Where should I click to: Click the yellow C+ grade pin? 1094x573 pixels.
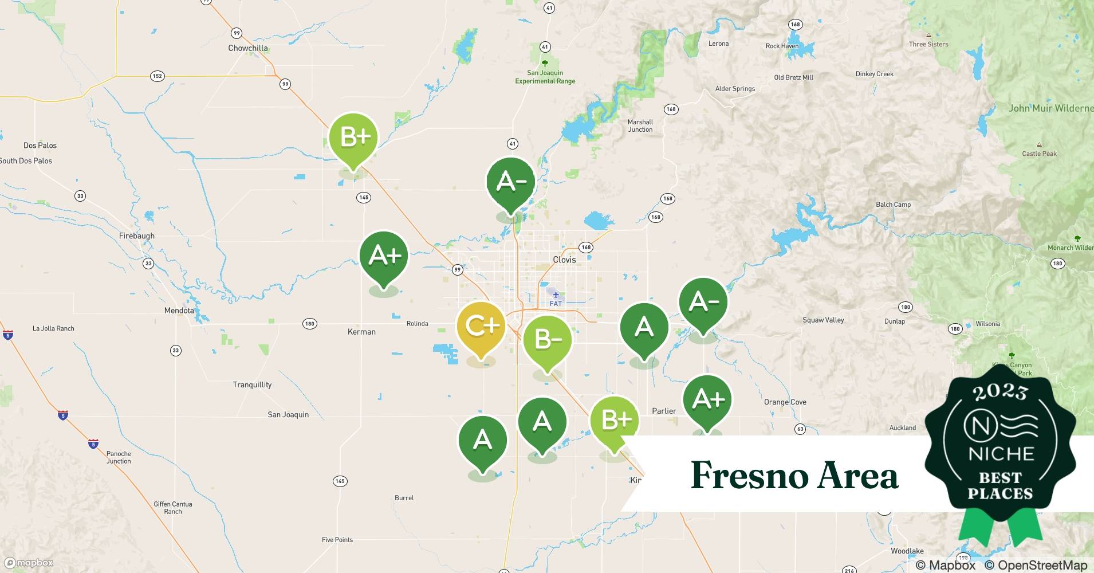[x=481, y=327]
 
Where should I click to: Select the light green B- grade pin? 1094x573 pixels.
[x=547, y=340]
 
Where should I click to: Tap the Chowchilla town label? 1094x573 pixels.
[x=247, y=48]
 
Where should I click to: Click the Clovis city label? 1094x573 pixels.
[x=564, y=260]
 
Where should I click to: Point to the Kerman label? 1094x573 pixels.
[x=361, y=332]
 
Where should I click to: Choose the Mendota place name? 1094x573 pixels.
[x=179, y=311]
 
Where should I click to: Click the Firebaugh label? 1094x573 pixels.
[x=136, y=236]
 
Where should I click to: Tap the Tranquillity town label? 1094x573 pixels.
[x=252, y=384]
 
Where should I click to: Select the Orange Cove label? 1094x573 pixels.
[x=785, y=402]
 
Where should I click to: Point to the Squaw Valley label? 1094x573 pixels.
[x=823, y=320]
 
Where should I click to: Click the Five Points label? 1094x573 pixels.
[x=337, y=540]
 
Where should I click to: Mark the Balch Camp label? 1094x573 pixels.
[x=893, y=205]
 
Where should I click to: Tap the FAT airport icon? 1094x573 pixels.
[x=555, y=295]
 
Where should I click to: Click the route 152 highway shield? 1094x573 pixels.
[x=158, y=76]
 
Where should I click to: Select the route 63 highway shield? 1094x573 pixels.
[x=800, y=429]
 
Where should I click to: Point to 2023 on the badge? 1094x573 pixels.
[x=1000, y=393]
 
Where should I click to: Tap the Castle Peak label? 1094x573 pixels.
[x=1039, y=154]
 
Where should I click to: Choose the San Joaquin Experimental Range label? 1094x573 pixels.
[x=545, y=77]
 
